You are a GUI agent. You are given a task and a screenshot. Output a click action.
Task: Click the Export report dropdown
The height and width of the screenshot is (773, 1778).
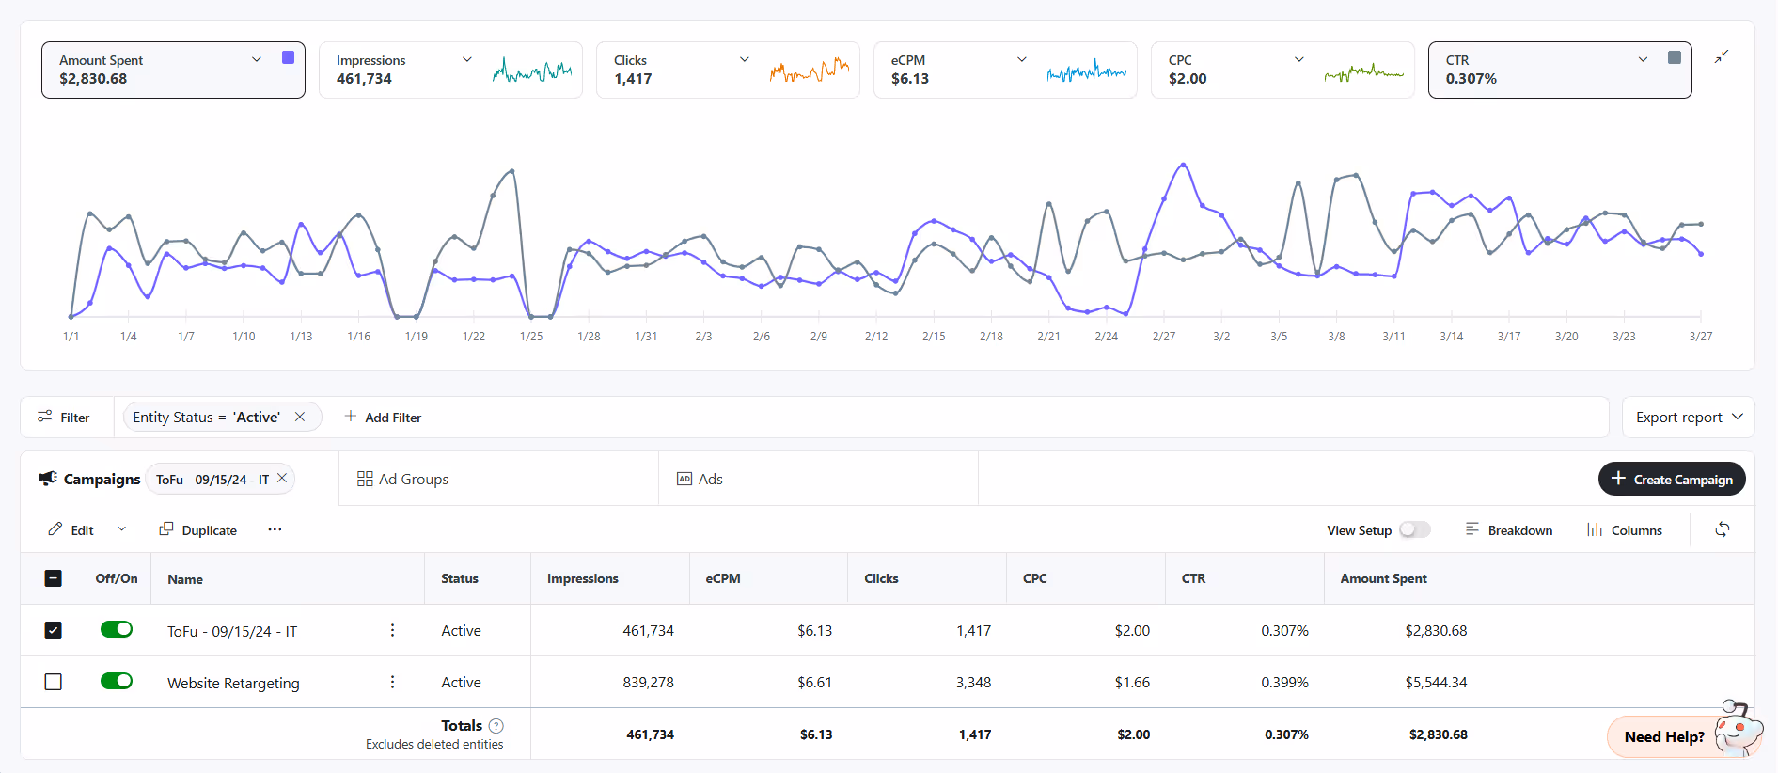tap(1688, 418)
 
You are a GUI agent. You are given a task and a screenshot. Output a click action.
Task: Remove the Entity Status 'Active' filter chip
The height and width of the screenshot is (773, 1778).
tap(300, 417)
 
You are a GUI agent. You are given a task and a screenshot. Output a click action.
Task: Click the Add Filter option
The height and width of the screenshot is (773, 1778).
tap(383, 418)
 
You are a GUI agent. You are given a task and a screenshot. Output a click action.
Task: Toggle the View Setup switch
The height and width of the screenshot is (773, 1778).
tap(1414, 530)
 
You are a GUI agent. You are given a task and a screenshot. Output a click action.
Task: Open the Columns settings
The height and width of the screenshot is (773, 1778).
tap(1625, 530)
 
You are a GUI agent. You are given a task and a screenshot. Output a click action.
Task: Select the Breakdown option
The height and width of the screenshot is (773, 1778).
tap(1509, 530)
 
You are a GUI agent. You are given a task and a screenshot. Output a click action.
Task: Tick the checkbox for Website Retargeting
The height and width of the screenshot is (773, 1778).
tap(54, 682)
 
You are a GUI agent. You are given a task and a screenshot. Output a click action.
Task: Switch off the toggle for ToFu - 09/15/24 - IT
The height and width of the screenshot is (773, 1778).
tap(117, 630)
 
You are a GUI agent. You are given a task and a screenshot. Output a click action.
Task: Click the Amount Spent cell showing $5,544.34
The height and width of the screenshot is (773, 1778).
tap(1436, 683)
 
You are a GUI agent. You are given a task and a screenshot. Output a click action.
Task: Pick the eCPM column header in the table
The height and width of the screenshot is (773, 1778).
tap(723, 578)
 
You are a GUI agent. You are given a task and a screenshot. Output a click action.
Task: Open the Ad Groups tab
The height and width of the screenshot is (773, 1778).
tap(403, 480)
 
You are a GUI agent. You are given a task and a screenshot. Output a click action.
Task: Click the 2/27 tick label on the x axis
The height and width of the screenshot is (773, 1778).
tap(1163, 337)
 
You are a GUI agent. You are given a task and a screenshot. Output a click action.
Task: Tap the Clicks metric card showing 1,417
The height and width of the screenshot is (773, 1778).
tap(727, 70)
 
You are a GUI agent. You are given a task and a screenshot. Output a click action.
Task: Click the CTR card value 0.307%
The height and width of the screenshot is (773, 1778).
tap(1471, 79)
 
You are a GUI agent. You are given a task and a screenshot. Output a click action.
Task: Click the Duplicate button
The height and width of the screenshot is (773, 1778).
tap(198, 530)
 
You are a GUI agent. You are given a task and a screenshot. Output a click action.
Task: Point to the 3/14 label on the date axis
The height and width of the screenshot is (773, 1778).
tap(1451, 337)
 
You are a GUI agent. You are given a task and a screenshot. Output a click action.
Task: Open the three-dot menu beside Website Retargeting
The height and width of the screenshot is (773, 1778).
tap(392, 682)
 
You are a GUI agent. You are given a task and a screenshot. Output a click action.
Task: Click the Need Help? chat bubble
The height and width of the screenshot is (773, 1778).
tap(1664, 736)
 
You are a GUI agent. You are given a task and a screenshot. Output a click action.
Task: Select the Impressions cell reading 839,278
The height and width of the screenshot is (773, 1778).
tap(648, 683)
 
